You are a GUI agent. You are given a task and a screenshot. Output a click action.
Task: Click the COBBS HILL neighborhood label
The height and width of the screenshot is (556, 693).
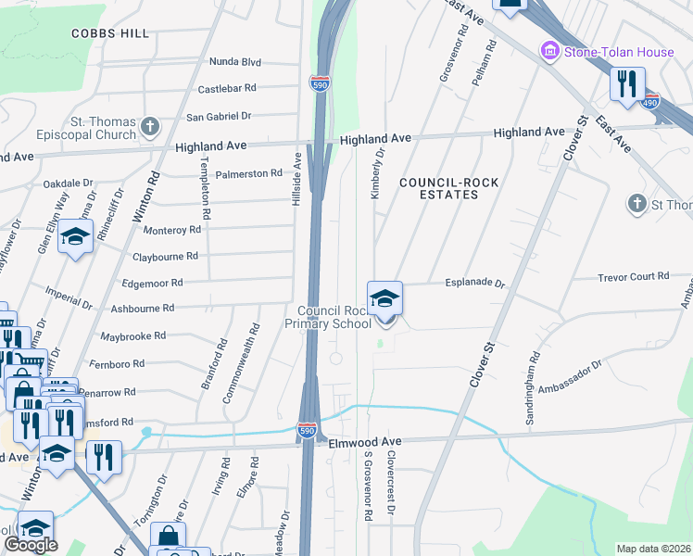tap(109, 33)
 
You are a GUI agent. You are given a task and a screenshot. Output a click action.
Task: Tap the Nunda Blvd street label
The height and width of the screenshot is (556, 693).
tap(236, 62)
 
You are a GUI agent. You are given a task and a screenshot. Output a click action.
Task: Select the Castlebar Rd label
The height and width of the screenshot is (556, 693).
tap(227, 89)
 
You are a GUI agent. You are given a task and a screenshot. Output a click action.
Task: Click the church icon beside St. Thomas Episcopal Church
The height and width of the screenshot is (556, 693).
tap(151, 125)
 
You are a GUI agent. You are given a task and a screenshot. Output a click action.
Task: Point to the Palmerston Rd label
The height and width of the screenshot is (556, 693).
tap(250, 173)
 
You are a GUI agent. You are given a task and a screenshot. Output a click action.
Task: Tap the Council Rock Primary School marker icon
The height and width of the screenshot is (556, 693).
tap(384, 299)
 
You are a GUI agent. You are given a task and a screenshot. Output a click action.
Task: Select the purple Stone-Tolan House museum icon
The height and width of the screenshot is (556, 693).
tap(550, 51)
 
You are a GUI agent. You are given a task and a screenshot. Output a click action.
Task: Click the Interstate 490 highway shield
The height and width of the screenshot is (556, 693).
tap(651, 101)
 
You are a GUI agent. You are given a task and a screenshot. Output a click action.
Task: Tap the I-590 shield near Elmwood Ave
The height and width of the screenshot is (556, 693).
tap(308, 431)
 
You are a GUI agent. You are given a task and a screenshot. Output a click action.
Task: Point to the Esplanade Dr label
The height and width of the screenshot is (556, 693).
tap(474, 284)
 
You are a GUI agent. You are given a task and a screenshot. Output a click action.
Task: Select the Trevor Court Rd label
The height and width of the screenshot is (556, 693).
tap(634, 276)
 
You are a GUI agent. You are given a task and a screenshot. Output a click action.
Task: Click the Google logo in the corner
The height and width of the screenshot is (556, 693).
tap(31, 545)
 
